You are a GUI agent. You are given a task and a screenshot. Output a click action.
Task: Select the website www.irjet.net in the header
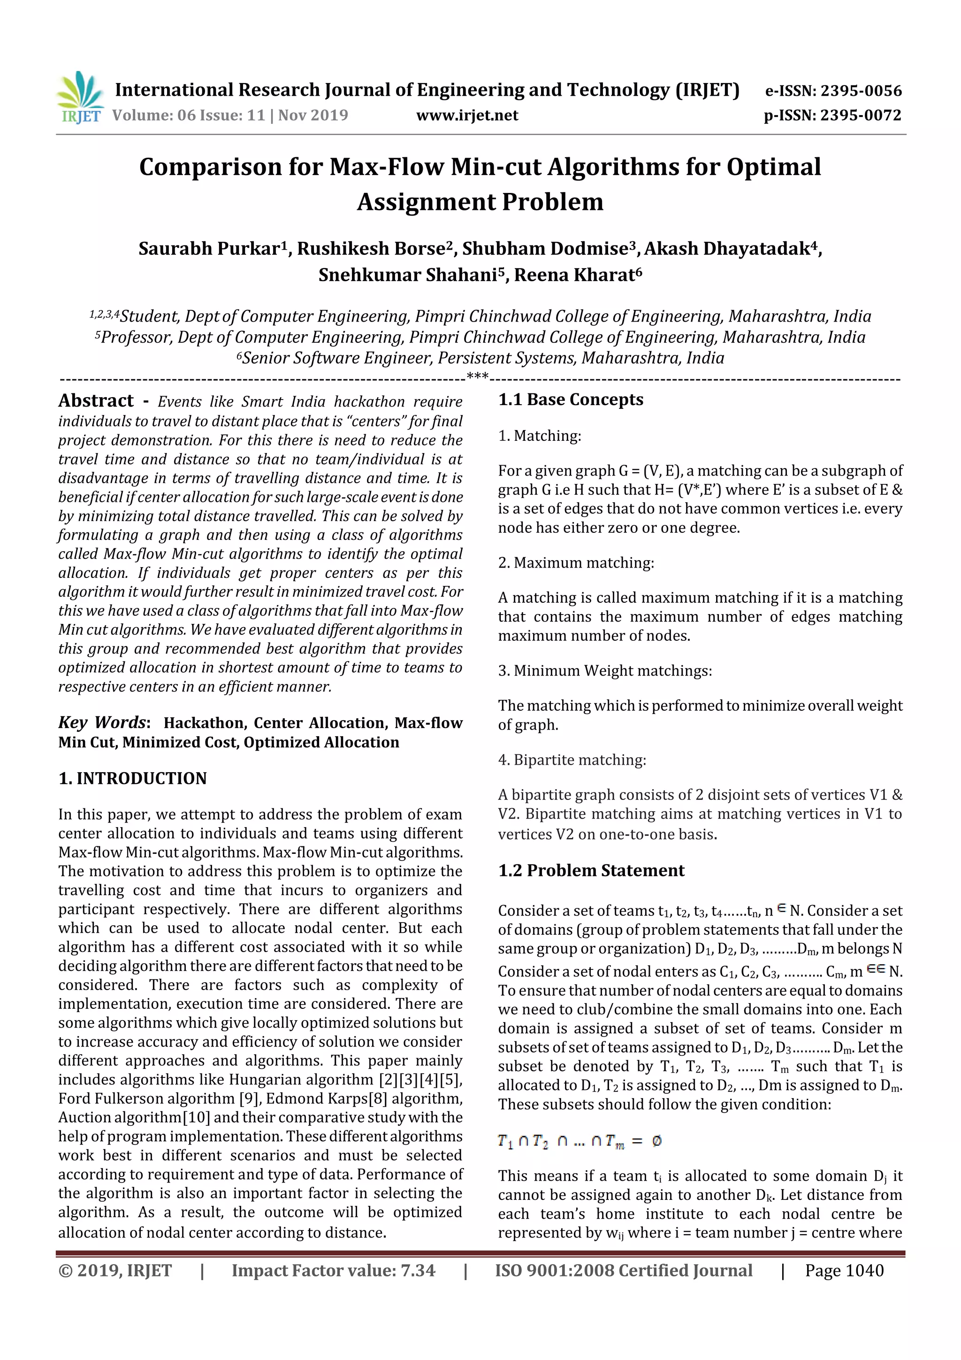pyautogui.click(x=467, y=115)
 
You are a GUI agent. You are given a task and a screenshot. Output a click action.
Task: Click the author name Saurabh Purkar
pyautogui.click(x=209, y=249)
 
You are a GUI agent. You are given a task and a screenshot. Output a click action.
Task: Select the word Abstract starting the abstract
pyautogui.click(x=96, y=401)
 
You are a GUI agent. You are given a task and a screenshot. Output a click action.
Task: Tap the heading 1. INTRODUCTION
pyautogui.click(x=133, y=778)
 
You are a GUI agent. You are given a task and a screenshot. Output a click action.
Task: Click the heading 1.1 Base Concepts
pyautogui.click(x=570, y=400)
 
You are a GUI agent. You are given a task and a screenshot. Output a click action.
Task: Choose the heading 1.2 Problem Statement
pyautogui.click(x=591, y=871)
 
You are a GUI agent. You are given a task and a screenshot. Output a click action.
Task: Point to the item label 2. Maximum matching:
pyautogui.click(x=576, y=563)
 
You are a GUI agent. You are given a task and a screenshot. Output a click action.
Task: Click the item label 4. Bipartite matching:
pyautogui.click(x=572, y=760)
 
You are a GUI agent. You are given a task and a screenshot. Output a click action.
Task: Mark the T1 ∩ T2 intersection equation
pyautogui.click(x=580, y=1141)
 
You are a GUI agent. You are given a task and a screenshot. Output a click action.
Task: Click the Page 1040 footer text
pyautogui.click(x=844, y=1270)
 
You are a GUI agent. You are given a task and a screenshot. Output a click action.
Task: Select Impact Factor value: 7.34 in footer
pyautogui.click(x=333, y=1270)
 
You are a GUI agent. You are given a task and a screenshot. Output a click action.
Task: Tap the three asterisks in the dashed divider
pyautogui.click(x=477, y=376)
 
